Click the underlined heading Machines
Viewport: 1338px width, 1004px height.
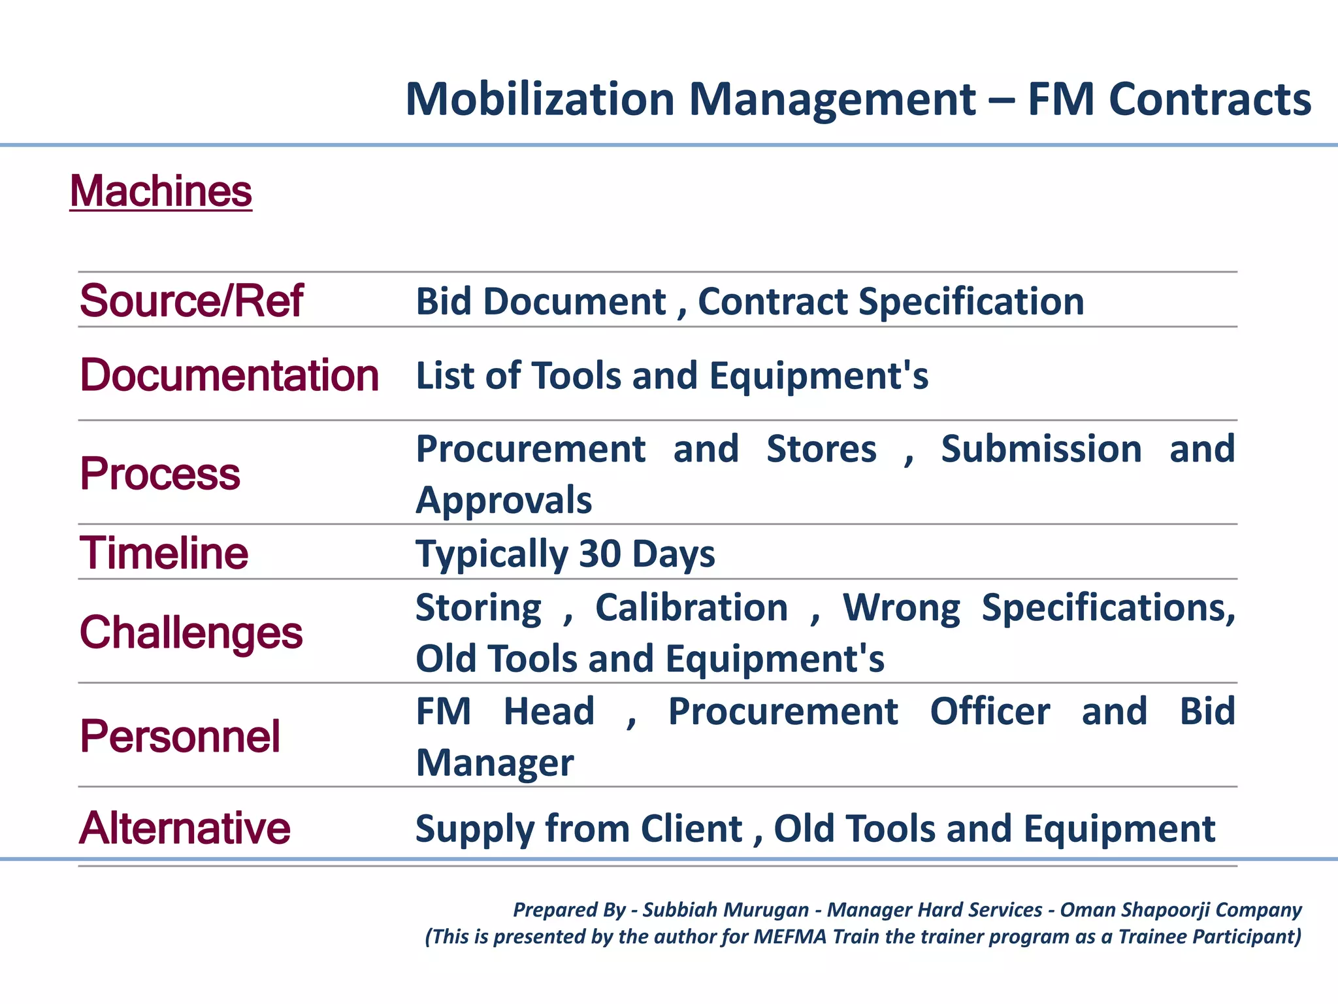point(161,192)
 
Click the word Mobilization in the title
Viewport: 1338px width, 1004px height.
point(540,99)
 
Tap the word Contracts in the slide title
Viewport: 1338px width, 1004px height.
point(1209,99)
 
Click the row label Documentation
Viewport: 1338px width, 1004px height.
point(229,376)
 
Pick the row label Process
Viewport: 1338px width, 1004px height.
point(160,473)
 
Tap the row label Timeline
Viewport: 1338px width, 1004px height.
point(163,553)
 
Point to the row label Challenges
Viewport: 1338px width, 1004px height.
point(191,633)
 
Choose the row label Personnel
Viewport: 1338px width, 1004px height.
point(180,737)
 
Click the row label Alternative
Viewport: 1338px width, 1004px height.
point(184,828)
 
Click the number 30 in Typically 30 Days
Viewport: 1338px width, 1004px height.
point(599,554)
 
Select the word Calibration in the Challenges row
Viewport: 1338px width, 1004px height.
point(691,608)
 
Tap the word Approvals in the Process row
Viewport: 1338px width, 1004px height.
point(504,501)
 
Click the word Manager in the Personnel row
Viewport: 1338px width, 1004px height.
point(495,763)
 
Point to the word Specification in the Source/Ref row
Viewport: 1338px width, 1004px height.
point(971,301)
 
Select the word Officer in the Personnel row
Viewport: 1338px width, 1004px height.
point(989,712)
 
